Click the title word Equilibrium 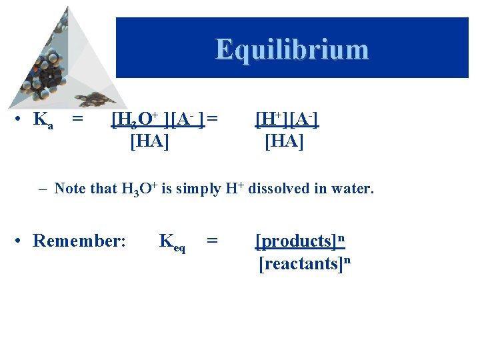coord(291,49)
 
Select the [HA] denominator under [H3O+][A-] coord(149,141)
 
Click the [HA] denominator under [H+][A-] coord(285,141)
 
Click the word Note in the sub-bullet coord(69,189)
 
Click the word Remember coord(79,241)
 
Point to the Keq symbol coord(171,242)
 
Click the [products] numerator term coord(295,241)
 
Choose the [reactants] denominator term coord(299,264)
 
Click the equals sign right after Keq coord(212,241)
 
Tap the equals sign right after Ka coord(77,120)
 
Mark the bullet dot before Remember coord(22,241)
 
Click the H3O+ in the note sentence coord(139,189)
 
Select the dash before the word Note coord(41,189)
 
